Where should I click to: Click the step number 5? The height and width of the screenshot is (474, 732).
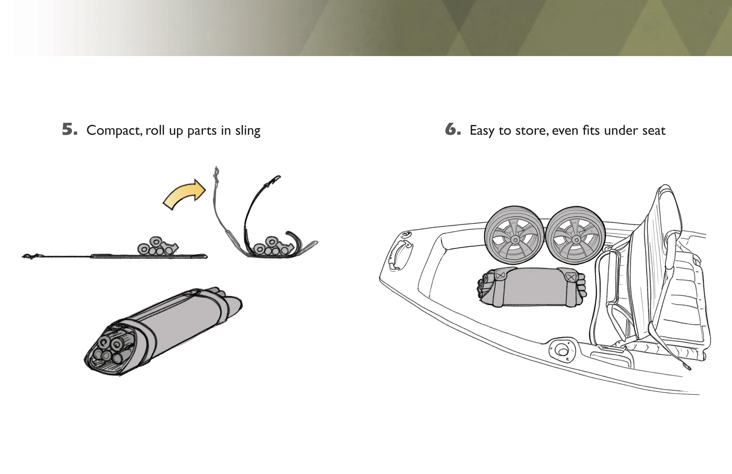[x=70, y=129]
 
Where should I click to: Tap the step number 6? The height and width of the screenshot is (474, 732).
[x=453, y=129]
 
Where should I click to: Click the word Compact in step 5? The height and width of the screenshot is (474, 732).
[x=114, y=130]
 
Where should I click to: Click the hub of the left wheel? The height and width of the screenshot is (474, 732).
[x=514, y=239]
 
